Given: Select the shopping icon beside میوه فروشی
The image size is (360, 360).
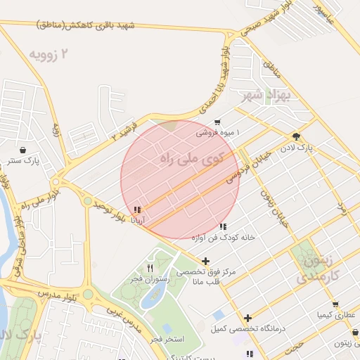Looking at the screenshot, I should point(217,122).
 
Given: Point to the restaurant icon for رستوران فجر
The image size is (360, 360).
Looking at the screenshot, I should point(150,269).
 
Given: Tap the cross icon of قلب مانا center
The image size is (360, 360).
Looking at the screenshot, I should point(205,262).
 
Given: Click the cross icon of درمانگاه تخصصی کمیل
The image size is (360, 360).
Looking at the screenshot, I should point(247,318).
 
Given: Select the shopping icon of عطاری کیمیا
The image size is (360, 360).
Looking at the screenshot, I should point(335,304).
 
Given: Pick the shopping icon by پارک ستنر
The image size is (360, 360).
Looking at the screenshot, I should point(24,150).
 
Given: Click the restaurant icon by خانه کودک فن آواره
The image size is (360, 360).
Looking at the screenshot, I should point(223,226).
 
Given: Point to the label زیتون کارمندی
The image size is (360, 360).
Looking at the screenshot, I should point(323,269).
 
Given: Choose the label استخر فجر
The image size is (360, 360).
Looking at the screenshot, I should point(167,340).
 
